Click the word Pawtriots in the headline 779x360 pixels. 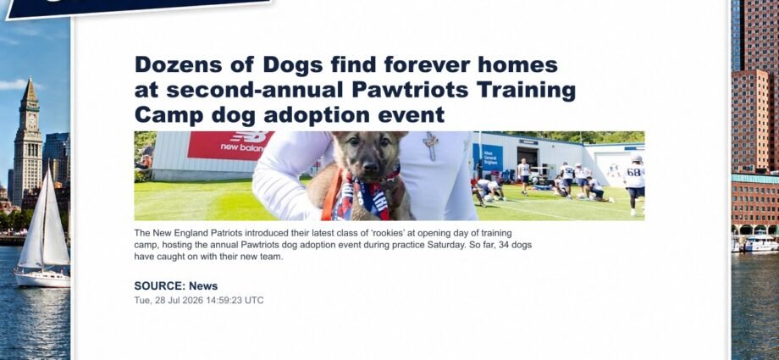coord(411,90)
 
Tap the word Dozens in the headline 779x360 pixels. coord(179,64)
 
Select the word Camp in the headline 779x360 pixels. coord(169,116)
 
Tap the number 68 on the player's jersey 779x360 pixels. coord(633,172)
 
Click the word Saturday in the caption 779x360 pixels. coord(445,246)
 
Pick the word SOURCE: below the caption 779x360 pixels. coord(159,286)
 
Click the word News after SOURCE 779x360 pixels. coord(203,286)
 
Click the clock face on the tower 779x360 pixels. coord(32,119)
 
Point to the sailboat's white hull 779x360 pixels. coord(42,279)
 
